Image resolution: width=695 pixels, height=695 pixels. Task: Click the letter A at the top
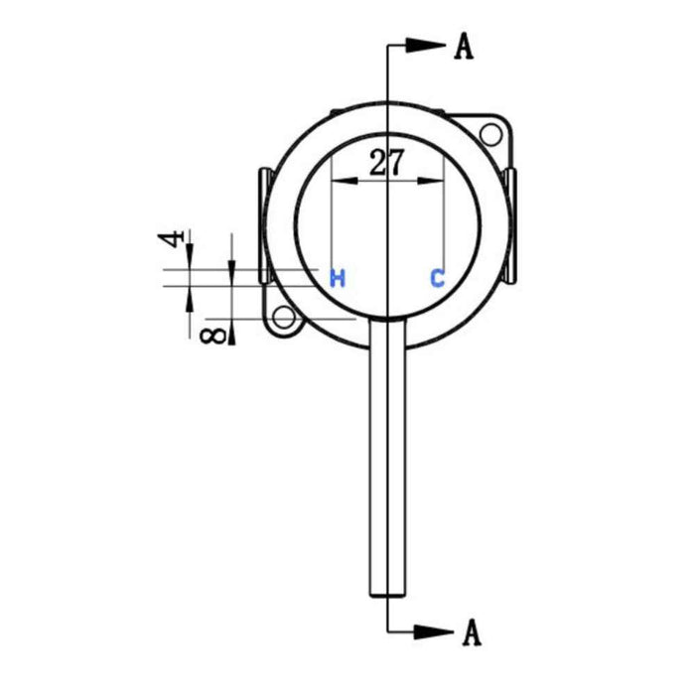pos(463,46)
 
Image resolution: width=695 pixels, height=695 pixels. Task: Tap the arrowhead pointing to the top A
pos(425,45)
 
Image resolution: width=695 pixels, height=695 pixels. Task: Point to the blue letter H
pos(338,278)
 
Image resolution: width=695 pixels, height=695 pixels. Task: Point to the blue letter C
pos(437,278)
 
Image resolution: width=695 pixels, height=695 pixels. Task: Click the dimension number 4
pos(172,239)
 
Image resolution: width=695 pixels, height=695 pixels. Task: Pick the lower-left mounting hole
pos(286,319)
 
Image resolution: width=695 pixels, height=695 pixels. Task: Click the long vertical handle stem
pos(387,457)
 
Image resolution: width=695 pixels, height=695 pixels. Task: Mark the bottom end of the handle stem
pos(387,593)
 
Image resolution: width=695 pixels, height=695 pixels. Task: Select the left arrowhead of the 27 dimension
pos(341,181)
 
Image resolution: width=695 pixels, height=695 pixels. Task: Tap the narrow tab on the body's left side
pos(263,223)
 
